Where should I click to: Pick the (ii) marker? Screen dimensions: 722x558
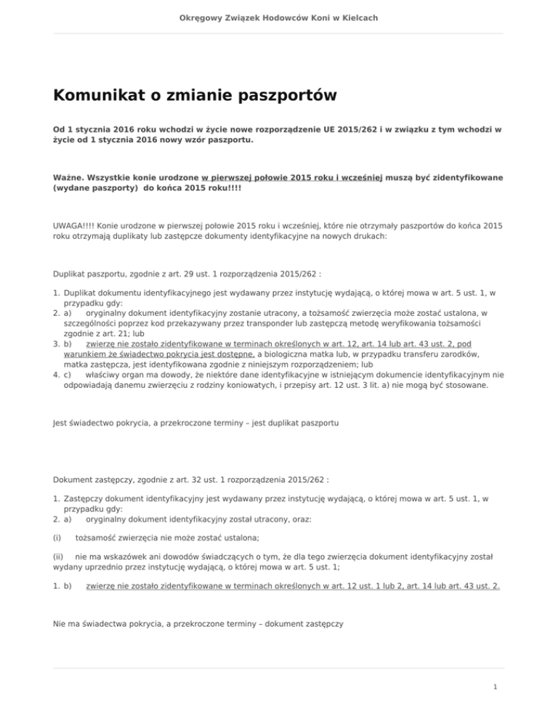pos(60,558)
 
